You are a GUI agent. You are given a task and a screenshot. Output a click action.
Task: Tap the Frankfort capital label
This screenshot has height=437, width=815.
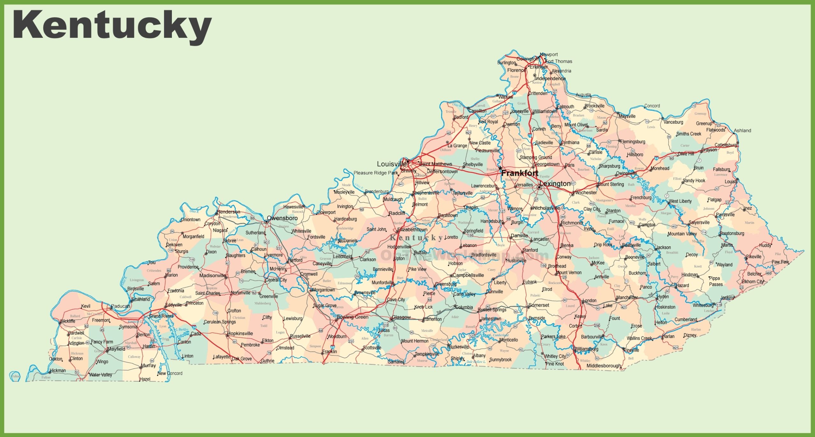[520, 173]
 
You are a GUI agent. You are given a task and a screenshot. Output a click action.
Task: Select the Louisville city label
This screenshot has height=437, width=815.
[392, 164]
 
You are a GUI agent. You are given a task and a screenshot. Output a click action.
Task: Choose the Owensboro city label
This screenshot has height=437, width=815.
[282, 218]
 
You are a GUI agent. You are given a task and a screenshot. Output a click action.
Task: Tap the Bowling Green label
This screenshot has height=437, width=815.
[352, 317]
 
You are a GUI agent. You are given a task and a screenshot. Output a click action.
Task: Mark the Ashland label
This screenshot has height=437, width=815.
[742, 130]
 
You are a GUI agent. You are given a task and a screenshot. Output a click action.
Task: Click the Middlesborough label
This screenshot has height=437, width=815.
[604, 366]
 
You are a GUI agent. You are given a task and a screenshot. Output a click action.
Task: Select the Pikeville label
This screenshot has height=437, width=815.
[754, 257]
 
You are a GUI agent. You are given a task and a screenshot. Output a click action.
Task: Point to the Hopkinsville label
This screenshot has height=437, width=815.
[240, 334]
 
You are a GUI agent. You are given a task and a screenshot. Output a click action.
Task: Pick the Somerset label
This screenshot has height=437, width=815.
[539, 305]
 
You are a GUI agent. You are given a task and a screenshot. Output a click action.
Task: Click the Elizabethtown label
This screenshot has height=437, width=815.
[412, 229]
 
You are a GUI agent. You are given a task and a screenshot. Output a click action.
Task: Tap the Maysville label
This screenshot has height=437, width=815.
[627, 116]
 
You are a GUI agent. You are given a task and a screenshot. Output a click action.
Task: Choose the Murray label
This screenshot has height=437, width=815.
[148, 365]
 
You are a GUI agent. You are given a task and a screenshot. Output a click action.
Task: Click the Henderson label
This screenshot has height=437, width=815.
[228, 212]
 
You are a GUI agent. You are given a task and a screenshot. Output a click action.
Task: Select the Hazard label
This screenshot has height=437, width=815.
[682, 285]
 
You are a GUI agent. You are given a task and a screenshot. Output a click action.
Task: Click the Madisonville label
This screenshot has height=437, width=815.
[212, 275]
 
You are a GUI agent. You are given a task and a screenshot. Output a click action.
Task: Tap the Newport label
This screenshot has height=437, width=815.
[549, 54]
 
